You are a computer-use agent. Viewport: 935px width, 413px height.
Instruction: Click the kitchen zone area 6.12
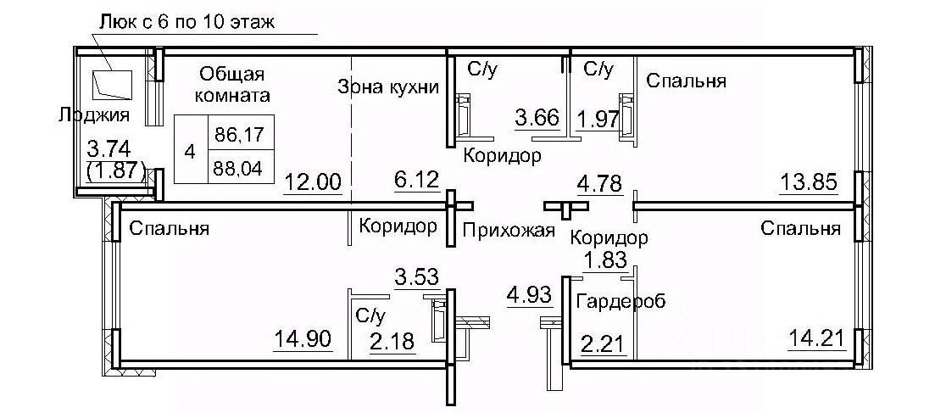(416, 180)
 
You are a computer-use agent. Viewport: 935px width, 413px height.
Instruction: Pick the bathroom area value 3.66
(537, 116)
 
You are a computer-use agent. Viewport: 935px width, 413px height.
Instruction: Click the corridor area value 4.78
(598, 181)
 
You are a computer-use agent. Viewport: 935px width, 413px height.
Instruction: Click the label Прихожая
(509, 230)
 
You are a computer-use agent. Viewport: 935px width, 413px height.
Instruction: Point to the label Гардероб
(621, 300)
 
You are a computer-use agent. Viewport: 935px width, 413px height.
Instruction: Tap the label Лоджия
(94, 114)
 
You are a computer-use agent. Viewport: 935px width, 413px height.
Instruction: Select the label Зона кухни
(387, 87)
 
